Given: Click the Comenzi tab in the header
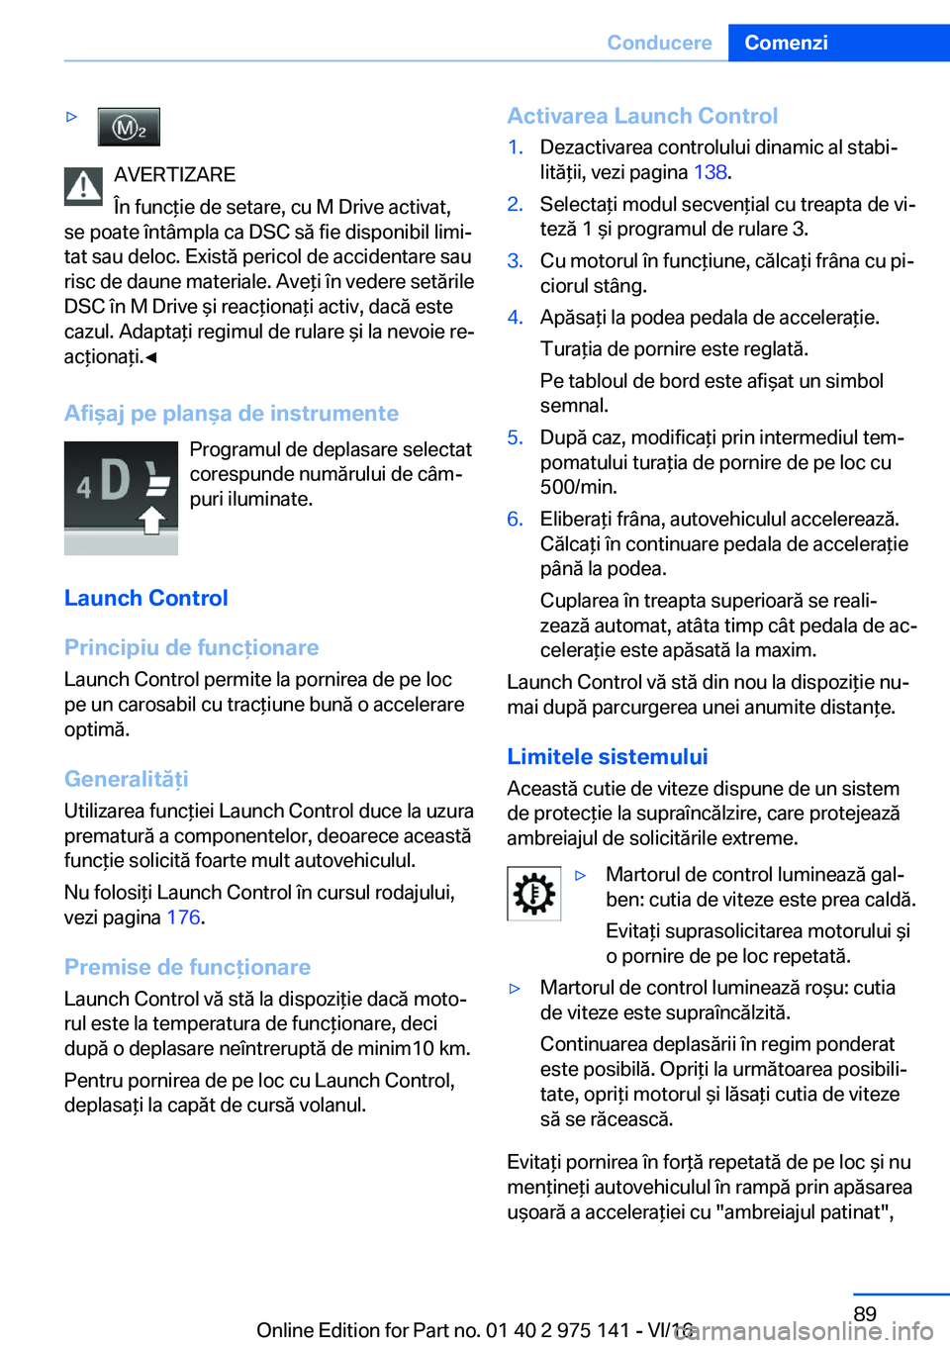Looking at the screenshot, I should [x=786, y=43].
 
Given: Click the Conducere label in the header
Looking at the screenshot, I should [x=659, y=43].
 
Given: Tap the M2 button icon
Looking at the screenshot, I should [x=129, y=127].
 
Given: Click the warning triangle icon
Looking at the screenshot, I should [x=83, y=186].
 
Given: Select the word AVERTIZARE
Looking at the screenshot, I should [x=174, y=175].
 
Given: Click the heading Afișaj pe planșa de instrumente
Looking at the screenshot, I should [x=231, y=414].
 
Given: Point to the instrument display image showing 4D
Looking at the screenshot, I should [x=121, y=497].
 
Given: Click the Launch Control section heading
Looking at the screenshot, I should [x=145, y=598].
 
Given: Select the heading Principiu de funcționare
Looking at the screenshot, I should [x=191, y=647].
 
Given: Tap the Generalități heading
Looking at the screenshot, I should [x=126, y=779].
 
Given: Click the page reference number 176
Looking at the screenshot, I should [x=183, y=917].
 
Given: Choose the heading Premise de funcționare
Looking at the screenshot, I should [x=187, y=967].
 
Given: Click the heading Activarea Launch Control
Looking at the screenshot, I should [x=642, y=116].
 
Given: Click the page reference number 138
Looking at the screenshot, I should [x=710, y=172].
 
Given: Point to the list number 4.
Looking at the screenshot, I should [x=515, y=318].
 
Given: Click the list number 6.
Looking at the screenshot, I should [x=515, y=520].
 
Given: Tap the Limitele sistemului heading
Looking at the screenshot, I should [x=607, y=757].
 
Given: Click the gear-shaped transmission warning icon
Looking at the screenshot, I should [x=533, y=894].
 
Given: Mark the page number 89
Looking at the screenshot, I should [x=865, y=1314].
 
